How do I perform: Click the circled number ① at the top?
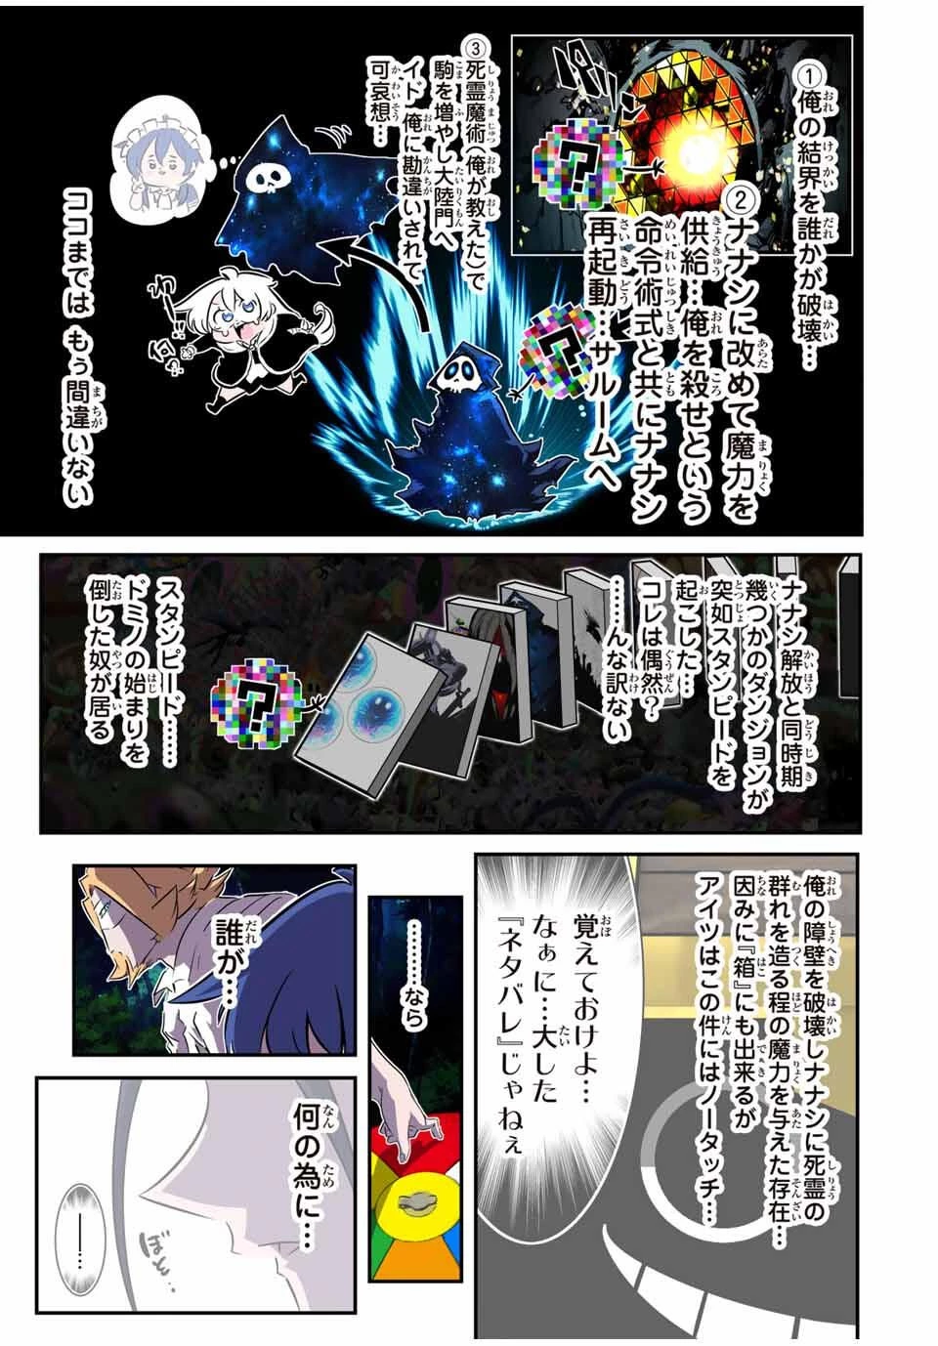810,72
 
